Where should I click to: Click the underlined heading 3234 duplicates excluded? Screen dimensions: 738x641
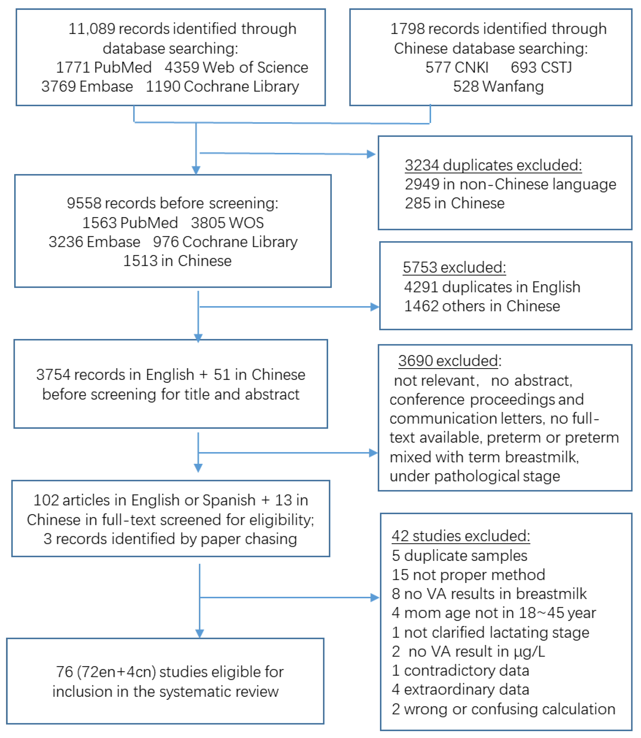click(493, 165)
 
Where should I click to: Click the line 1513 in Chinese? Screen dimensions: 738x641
click(177, 261)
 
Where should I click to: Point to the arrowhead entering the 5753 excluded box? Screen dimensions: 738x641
click(375, 307)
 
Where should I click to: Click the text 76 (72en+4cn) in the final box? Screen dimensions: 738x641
click(106, 672)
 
